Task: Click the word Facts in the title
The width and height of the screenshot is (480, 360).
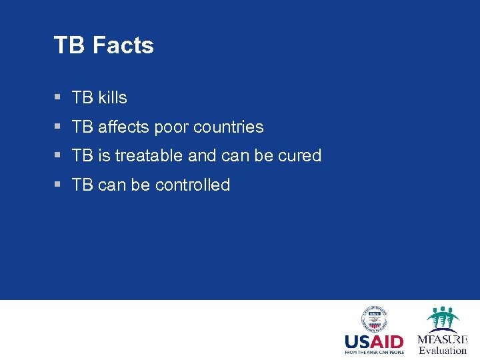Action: tap(123, 45)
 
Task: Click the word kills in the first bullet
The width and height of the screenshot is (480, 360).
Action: tap(112, 97)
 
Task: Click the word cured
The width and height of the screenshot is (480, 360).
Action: tap(299, 156)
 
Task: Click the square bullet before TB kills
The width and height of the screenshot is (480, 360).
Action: tap(57, 97)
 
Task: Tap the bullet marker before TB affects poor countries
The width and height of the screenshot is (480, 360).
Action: tap(57, 127)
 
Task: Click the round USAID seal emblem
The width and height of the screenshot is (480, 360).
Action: tap(374, 319)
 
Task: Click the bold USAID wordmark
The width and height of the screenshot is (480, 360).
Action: tap(374, 342)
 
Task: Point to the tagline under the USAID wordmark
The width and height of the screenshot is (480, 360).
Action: tap(374, 352)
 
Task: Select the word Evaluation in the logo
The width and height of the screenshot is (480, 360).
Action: tap(443, 351)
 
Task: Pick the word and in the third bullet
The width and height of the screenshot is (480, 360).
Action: tap(202, 156)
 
